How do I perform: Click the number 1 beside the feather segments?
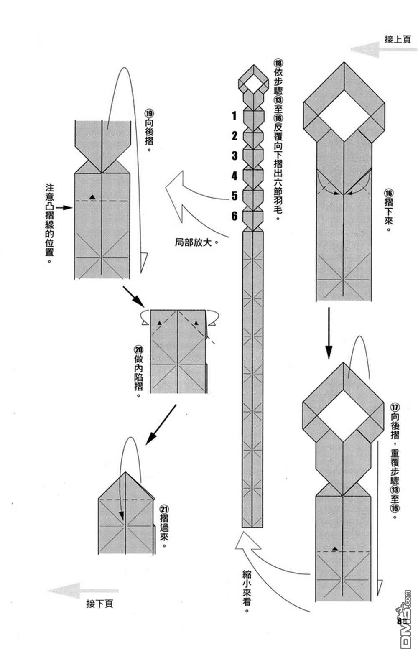pos(234,116)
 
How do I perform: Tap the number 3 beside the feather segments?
pos(234,155)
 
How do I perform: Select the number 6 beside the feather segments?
pos(234,216)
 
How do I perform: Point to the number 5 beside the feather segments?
pos(234,196)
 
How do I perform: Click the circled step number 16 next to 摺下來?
pos(389,193)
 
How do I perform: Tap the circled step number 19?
pos(149,113)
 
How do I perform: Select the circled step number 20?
pos(138,350)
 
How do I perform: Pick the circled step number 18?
pos(278,63)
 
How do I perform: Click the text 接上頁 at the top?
pos(398,39)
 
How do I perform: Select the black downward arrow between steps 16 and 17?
pos(329,333)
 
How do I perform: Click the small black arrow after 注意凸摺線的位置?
pos(64,208)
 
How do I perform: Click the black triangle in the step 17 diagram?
pos(335,549)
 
